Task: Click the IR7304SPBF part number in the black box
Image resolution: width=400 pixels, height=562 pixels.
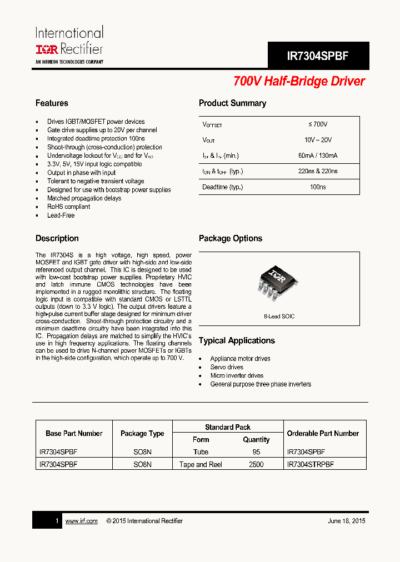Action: point(318,56)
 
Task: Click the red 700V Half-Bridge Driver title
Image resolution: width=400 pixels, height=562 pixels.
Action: point(299,81)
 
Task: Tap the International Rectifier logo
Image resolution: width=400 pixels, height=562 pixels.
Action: point(69,45)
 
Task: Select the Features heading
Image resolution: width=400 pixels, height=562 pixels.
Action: point(52,103)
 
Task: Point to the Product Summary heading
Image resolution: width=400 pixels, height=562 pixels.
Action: point(232,103)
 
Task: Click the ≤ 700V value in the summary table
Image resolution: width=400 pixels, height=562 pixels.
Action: point(318,124)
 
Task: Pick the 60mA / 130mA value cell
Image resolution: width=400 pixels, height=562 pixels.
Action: point(318,155)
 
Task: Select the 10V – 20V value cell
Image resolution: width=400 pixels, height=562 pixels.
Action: point(318,140)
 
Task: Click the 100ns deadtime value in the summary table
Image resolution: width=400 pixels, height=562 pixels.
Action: point(318,187)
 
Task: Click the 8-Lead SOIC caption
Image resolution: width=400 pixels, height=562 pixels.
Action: point(279,317)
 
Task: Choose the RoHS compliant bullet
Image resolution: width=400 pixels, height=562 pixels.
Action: point(68,207)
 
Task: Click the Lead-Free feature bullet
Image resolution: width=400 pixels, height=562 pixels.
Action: point(61,215)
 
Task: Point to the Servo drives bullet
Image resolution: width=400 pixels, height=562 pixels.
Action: point(227,368)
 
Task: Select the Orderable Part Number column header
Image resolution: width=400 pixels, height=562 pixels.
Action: point(323,433)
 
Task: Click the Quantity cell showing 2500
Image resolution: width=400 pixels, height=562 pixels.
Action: point(256,464)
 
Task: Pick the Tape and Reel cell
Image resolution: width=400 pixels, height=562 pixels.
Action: point(201,464)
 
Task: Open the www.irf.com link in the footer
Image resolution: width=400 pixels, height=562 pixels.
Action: point(81,521)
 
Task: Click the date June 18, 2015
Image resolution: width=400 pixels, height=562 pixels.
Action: point(347,521)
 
